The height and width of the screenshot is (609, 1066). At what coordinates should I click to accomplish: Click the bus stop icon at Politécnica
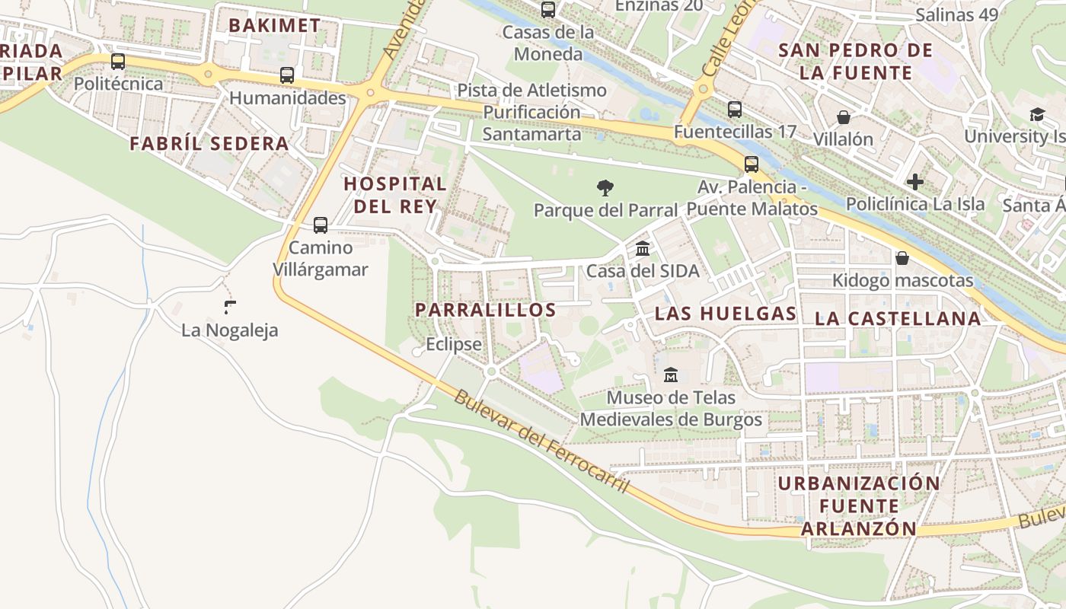click(118, 62)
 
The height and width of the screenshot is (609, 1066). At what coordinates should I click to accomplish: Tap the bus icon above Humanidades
click(287, 75)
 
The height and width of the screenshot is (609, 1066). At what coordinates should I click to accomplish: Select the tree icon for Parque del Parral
click(605, 187)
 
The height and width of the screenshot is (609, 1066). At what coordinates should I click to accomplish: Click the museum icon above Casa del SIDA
click(643, 248)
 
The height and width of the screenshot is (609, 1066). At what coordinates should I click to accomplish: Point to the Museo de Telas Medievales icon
click(671, 375)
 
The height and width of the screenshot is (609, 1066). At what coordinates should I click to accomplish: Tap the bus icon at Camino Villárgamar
click(321, 225)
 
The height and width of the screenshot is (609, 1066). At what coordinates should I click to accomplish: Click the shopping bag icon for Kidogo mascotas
click(902, 258)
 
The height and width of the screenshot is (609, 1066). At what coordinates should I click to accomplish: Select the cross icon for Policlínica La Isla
click(915, 182)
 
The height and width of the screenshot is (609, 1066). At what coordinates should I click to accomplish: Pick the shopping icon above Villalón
click(844, 117)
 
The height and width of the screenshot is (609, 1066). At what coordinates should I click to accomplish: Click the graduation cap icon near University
click(1037, 114)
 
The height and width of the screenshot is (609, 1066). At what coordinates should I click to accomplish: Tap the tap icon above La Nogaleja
click(230, 308)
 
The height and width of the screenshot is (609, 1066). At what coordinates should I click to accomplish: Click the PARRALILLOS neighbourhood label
click(486, 310)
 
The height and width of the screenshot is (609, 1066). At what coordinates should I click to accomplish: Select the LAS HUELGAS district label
click(726, 314)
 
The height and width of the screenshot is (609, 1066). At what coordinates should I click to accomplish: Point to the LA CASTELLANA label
click(898, 319)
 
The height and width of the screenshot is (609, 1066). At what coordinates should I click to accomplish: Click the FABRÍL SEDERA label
click(209, 143)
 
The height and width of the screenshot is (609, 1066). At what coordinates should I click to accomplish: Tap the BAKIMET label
click(274, 25)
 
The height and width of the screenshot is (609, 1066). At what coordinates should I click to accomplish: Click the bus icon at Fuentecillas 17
click(735, 110)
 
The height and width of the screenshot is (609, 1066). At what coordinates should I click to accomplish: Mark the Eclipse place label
click(454, 344)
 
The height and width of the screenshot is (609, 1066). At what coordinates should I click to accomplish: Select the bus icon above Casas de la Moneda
click(548, 10)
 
